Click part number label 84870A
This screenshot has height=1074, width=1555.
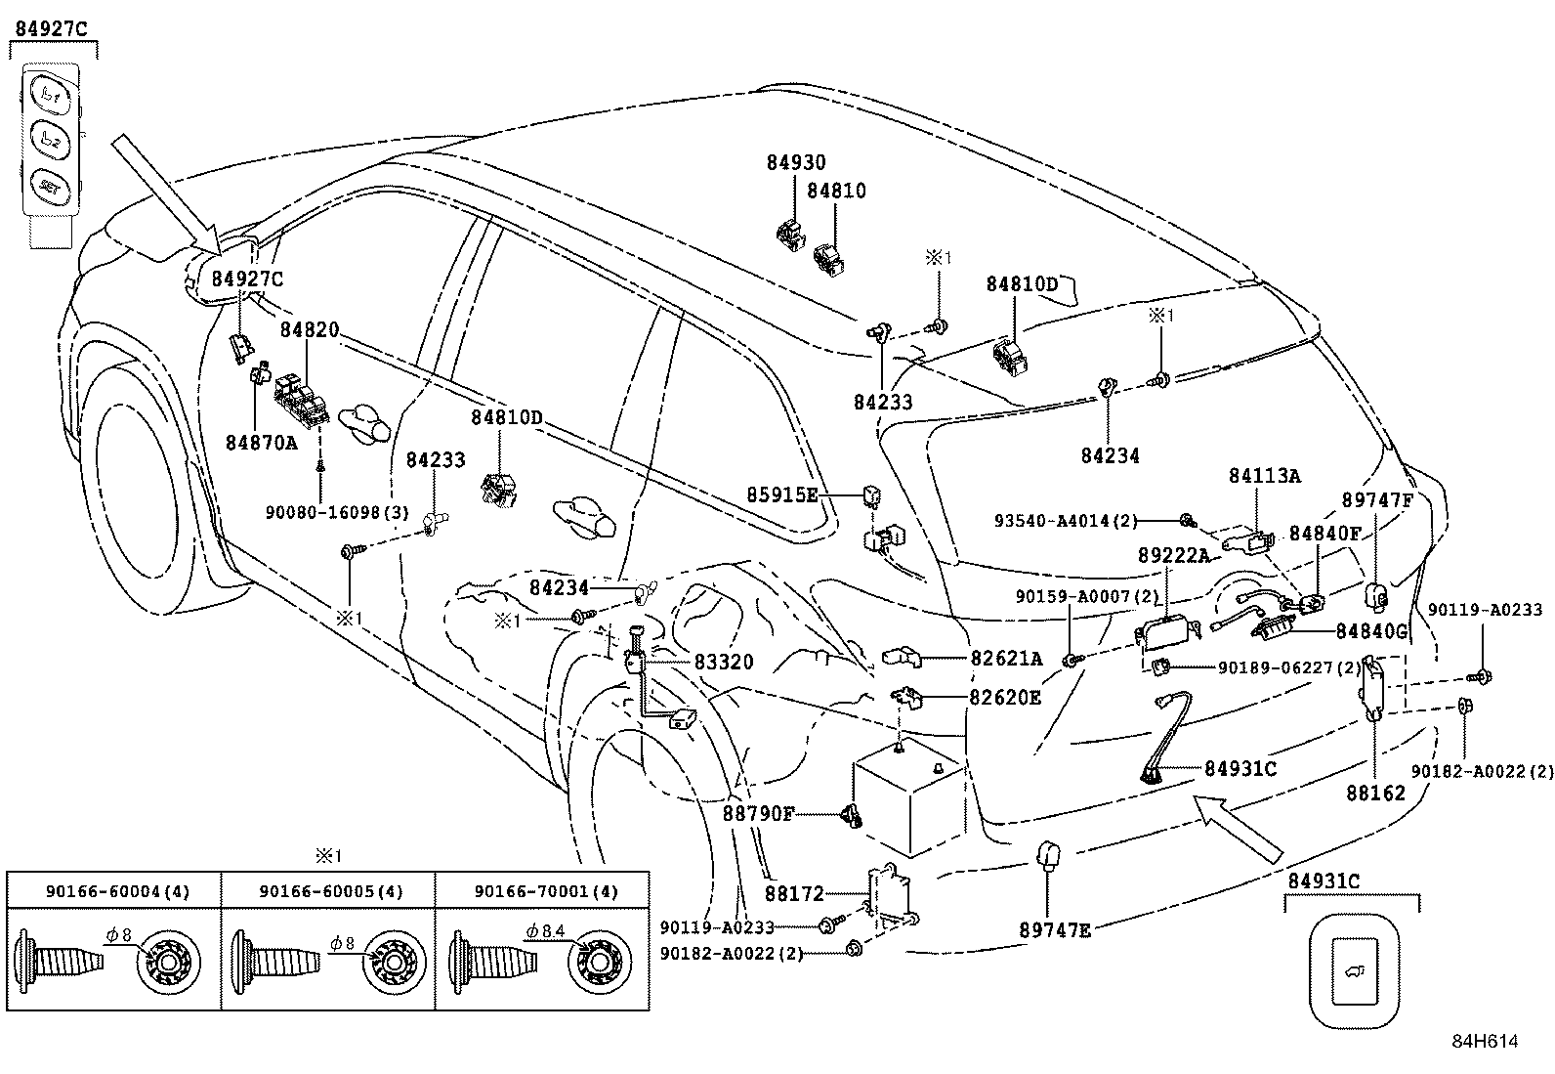click(x=261, y=443)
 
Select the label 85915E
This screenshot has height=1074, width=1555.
click(x=782, y=494)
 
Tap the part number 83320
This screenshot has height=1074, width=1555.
click(x=724, y=662)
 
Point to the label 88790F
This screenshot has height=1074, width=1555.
click(x=759, y=813)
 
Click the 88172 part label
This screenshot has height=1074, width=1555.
click(x=794, y=893)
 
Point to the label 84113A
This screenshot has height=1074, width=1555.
click(x=1264, y=476)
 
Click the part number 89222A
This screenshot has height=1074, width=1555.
click(x=1173, y=555)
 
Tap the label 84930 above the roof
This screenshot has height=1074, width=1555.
click(x=795, y=163)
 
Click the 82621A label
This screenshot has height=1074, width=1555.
click(x=1005, y=659)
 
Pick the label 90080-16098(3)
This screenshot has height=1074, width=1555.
click(x=337, y=512)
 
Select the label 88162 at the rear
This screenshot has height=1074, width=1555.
click(x=1375, y=793)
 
